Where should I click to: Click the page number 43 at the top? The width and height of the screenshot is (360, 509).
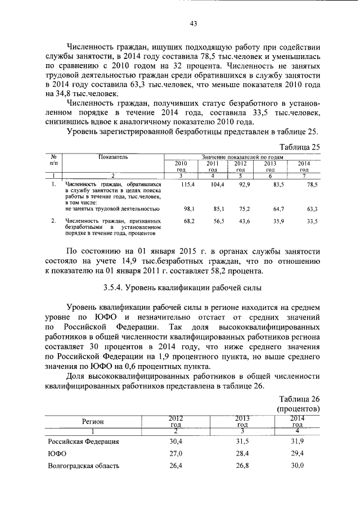(192, 23)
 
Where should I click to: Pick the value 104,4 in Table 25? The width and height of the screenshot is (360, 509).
(217, 184)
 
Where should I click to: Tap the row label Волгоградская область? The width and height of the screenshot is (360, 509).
(84, 466)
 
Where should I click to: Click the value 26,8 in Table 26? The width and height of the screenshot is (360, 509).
(242, 466)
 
